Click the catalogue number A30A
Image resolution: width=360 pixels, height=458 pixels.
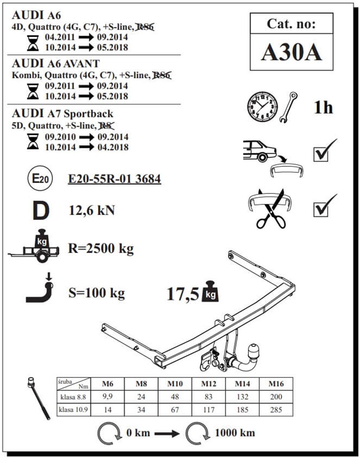292,53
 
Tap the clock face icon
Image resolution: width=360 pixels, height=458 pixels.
262,106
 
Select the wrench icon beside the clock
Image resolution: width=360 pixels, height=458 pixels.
288,107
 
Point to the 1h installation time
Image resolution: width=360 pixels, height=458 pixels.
323,108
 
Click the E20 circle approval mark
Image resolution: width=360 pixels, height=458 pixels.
40,179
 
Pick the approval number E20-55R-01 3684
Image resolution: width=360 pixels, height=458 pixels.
114,179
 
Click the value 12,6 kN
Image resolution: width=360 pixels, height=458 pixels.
92,210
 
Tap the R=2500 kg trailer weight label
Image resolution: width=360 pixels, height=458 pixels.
101,249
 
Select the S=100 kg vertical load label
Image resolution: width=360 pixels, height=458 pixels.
96,293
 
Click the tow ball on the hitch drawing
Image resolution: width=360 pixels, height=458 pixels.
253,350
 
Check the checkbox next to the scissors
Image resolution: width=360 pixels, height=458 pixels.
321,209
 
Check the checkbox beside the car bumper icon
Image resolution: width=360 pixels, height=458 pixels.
321,154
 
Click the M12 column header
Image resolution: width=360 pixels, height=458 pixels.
209,384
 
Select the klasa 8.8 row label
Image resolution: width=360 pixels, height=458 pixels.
73,397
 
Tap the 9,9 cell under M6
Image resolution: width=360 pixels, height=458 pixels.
108,396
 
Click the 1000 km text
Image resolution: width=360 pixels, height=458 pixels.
235,433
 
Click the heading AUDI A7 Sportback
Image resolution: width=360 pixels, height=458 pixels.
63,114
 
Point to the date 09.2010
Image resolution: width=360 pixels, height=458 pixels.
60,137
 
